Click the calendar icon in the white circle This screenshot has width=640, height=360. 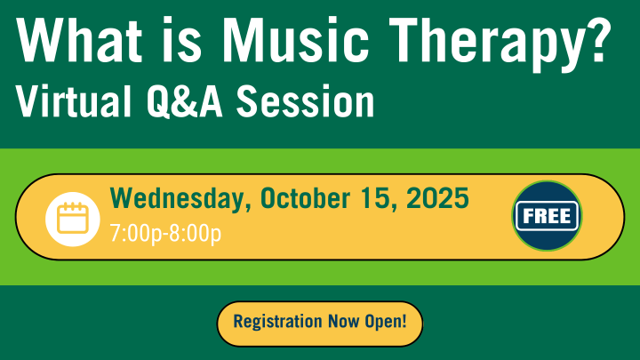coord(72,218)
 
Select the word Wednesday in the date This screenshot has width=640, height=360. coord(180,198)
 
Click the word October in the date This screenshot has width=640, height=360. coord(308,198)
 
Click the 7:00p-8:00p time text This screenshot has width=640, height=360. coord(164,234)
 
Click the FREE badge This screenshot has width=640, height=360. coord(546,216)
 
